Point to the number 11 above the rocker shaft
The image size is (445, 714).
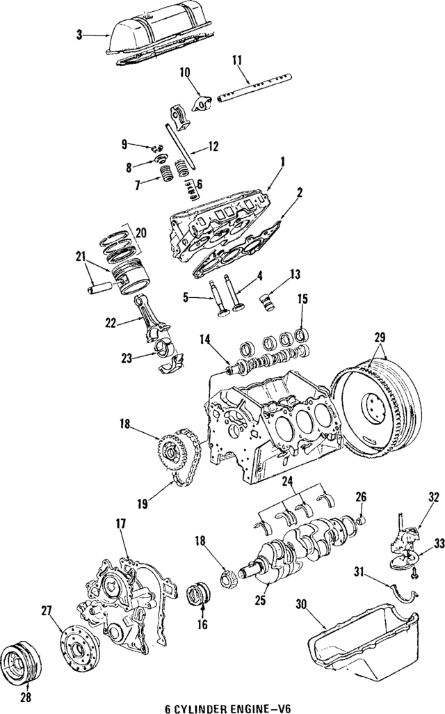click(237, 61)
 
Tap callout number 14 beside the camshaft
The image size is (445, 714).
click(204, 340)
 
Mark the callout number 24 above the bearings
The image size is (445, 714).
click(287, 482)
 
